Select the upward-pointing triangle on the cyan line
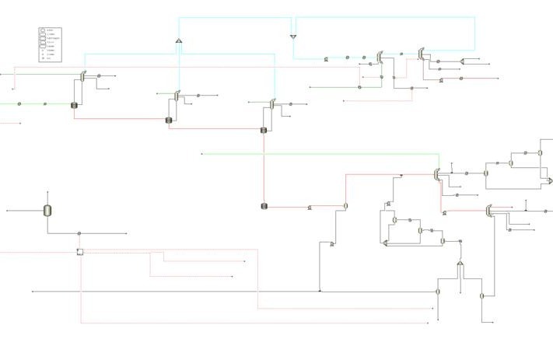[x=178, y=40]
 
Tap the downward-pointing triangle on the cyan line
[x=293, y=37]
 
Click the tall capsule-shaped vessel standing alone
[x=47, y=210]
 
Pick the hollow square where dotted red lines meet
[x=80, y=252]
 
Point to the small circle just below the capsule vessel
[x=80, y=233]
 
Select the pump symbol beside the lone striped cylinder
[x=310, y=208]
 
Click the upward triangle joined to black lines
[x=460, y=265]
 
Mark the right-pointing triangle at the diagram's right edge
[x=549, y=181]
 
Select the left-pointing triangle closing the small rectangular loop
[x=385, y=243]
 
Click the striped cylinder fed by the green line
[x=75, y=105]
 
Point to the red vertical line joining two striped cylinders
[x=264, y=167]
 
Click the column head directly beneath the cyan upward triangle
[x=177, y=95]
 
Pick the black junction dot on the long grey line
[x=320, y=291]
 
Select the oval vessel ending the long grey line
[x=438, y=291]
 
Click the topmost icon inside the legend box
[x=43, y=30]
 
